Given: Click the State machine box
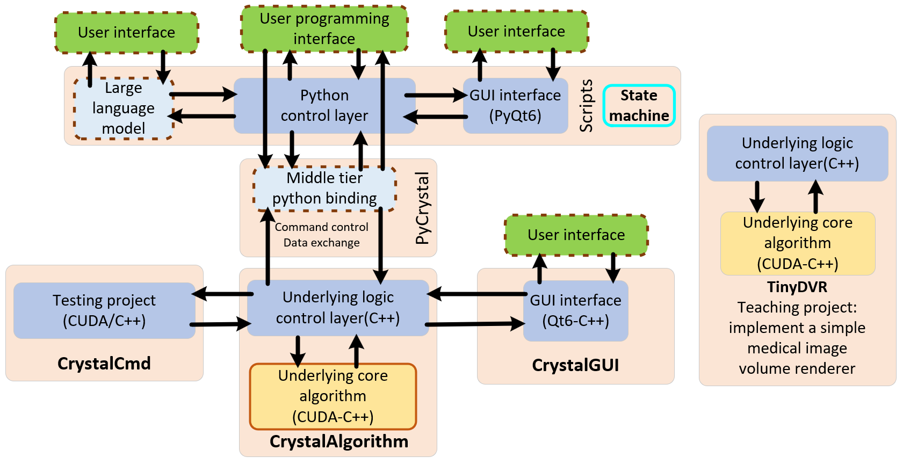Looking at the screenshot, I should tap(639, 106).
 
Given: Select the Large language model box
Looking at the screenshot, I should tap(124, 108).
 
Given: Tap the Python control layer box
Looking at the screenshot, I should tap(324, 106).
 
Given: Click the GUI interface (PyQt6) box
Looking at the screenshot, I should tap(515, 106).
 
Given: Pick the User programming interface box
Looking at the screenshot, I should tap(324, 29).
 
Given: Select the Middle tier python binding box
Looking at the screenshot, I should tap(324, 189).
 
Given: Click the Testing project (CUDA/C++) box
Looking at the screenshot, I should tap(104, 310).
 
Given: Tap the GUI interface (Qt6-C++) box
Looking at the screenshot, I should tap(575, 311).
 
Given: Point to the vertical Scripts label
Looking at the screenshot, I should tap(586, 106).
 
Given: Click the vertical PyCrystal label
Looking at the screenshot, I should tap(423, 208).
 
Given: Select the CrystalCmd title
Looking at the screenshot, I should tap(104, 364).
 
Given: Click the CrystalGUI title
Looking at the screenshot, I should tap(575, 365).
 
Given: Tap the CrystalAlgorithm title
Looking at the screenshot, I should tap(339, 441).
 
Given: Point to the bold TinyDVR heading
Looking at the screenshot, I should tap(797, 287).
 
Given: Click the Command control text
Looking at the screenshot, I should tap(321, 227).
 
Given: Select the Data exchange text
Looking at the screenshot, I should tap(321, 243).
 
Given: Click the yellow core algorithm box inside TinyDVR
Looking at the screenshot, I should tap(798, 243).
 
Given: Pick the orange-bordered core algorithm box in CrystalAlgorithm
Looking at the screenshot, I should tap(333, 396).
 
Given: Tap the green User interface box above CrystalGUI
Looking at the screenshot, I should tap(576, 235).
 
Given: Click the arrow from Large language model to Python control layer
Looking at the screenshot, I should tap(203, 95).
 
